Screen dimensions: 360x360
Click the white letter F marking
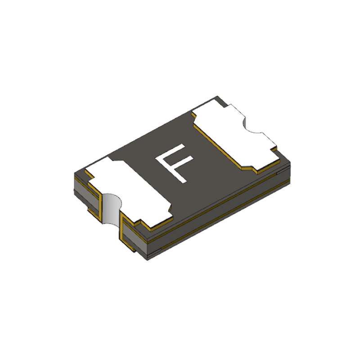pos(174,163)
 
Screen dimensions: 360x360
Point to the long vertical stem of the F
pos(171,171)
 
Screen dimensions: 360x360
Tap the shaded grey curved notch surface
pos(111,208)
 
